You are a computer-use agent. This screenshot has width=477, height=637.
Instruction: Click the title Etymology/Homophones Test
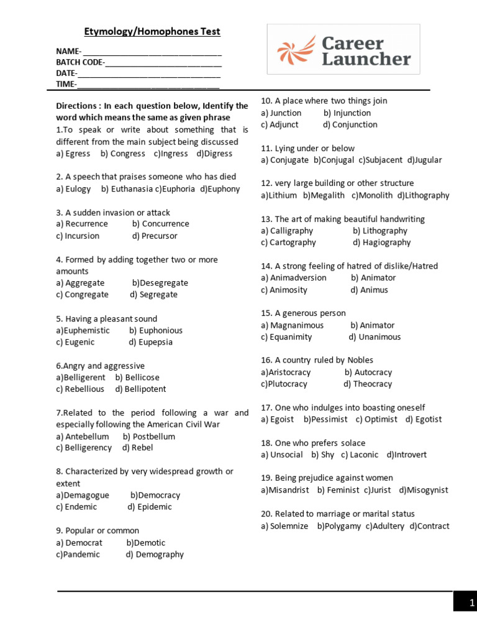tap(152, 32)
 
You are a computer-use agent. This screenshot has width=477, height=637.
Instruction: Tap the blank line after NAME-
tap(152, 52)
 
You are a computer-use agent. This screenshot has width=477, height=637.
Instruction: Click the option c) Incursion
tap(78, 236)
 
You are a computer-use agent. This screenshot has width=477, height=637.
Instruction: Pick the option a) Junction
tap(281, 113)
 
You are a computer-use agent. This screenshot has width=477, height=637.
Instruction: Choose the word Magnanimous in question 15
tap(293, 325)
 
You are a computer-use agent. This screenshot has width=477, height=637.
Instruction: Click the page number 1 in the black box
tap(471, 602)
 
